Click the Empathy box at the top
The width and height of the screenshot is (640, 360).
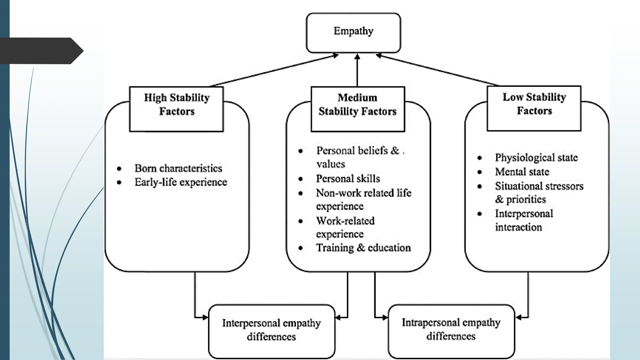353,32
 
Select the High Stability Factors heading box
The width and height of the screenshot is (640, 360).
177,109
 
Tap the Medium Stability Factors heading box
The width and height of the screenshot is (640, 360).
357,109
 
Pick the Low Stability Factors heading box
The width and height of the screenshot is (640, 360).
534,108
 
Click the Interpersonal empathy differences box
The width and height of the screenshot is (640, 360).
271,331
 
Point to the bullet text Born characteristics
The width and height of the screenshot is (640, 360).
178,168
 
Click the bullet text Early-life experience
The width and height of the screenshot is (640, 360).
181,182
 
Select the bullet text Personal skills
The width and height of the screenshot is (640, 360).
348,178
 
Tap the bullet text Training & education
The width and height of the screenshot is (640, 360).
363,248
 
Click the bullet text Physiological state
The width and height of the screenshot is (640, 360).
536,157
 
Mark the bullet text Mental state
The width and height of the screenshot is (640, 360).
522,172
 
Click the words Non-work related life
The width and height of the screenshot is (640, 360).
363,193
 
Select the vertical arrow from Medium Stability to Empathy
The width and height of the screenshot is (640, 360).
357,70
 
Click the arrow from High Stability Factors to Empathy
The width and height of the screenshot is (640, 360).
273,71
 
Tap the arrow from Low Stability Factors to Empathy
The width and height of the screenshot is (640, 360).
437,70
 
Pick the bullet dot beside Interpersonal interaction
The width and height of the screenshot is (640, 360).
480,214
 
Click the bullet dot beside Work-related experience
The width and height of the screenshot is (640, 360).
301,221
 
